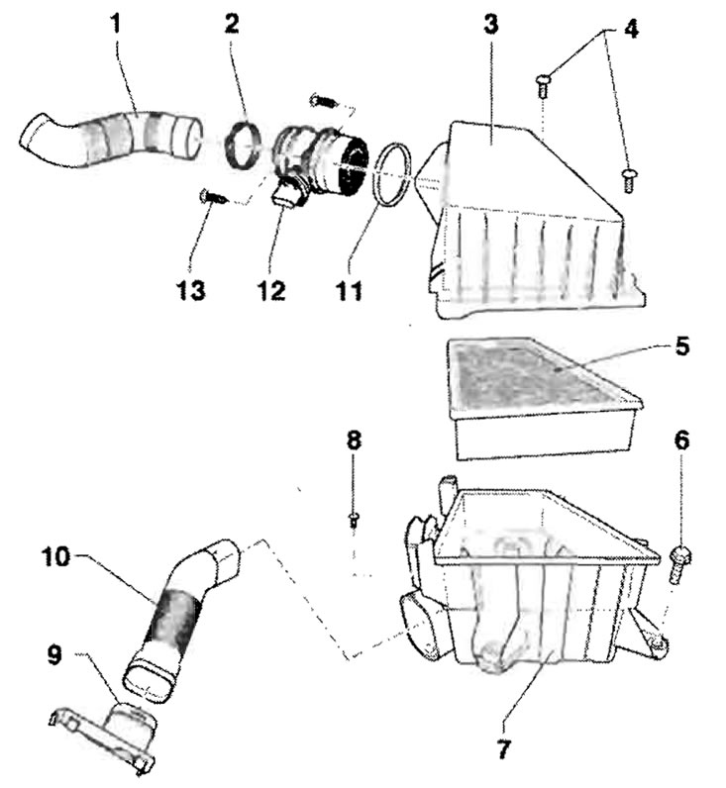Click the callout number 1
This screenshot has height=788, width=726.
pyautogui.click(x=116, y=24)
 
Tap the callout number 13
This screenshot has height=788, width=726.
pyautogui.click(x=191, y=290)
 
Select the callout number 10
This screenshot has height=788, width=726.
pyautogui.click(x=55, y=556)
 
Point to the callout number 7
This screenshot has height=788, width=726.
pyautogui.click(x=503, y=749)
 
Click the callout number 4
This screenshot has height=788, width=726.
pyautogui.click(x=632, y=29)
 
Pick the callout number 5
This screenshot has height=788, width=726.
pyautogui.click(x=681, y=346)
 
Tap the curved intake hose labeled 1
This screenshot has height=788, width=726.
pyautogui.click(x=111, y=139)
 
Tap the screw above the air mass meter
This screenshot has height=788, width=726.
pyautogui.click(x=323, y=101)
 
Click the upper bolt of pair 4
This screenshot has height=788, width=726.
pyautogui.click(x=543, y=85)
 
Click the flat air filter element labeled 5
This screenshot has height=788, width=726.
pyautogui.click(x=543, y=397)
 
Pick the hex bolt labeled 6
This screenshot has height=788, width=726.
pyautogui.click(x=679, y=564)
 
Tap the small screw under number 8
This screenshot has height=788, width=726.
pyautogui.click(x=354, y=520)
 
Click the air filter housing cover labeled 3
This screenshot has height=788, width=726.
pyautogui.click(x=533, y=221)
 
